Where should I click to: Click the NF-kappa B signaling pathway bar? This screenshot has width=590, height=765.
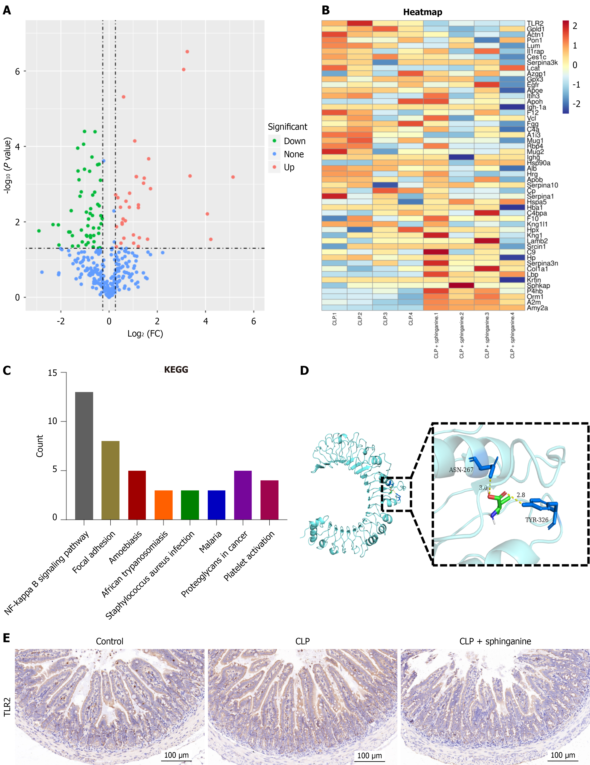pos(84,455)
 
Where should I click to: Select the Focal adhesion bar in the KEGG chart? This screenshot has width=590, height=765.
pos(110,480)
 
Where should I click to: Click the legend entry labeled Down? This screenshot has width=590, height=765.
pos(294,141)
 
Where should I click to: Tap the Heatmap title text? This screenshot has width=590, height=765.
pos(423,12)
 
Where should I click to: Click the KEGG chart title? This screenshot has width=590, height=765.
pos(176,370)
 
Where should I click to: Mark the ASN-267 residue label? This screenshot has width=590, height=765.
pos(461,470)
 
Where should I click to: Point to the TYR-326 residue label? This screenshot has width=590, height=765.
pos(536,520)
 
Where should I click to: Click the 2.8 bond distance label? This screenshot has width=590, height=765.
pos(521,495)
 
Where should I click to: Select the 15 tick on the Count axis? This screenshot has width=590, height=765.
pos(53,373)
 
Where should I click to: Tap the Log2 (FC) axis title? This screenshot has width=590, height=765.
pos(145,334)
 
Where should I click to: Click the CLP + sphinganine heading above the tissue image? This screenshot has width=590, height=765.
pos(495,641)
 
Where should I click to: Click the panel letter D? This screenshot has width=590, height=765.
pos(304,371)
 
